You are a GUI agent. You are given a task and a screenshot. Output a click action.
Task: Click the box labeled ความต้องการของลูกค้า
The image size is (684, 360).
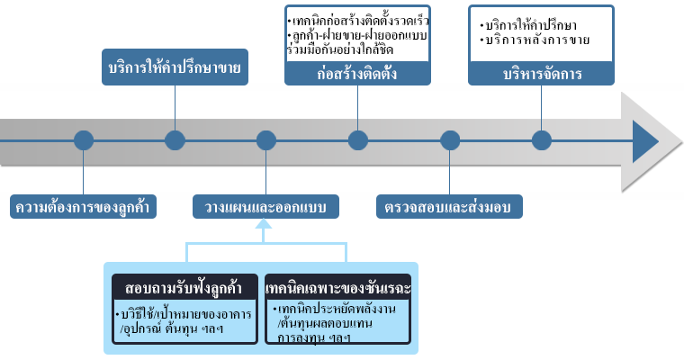tap(83, 206)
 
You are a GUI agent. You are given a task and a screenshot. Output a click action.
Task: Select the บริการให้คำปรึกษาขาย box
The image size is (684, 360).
tap(175, 67)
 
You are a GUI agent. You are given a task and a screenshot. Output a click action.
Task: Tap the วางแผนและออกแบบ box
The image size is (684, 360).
tap(265, 206)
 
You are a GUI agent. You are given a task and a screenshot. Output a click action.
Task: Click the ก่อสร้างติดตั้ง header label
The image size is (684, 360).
tap(357, 73)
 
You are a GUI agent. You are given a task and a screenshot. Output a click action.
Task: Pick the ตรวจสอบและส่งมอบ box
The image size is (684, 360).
tap(449, 206)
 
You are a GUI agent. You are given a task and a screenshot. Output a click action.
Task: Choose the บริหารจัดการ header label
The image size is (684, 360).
tap(542, 73)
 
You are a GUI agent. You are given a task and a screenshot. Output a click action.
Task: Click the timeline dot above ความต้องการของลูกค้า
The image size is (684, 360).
tap(84, 140)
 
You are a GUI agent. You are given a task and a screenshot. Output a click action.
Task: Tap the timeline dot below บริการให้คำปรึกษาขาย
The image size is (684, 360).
tap(175, 140)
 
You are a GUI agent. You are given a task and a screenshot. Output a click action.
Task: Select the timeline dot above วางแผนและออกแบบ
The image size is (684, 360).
tap(266, 140)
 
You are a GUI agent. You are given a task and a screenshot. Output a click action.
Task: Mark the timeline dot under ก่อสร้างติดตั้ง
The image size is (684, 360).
tap(358, 140)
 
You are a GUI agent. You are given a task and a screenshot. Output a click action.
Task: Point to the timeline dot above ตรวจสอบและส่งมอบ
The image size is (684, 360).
tap(450, 140)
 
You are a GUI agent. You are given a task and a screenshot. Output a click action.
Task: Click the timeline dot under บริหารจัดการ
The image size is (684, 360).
tap(542, 140)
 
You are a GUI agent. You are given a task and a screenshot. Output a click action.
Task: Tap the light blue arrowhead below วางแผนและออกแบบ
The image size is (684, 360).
tap(264, 224)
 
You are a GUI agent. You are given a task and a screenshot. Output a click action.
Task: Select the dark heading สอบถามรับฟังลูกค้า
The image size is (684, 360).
tap(185, 288)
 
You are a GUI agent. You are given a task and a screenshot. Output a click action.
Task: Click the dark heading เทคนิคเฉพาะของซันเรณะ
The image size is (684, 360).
tap(337, 288)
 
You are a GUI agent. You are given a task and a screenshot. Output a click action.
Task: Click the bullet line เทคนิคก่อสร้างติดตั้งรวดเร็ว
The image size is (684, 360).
tap(358, 21)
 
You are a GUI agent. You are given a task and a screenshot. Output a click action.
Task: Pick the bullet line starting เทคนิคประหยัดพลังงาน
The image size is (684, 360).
tap(335, 309)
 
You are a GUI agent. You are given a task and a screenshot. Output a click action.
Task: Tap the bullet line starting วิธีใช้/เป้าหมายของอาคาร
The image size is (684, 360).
tap(184, 313)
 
